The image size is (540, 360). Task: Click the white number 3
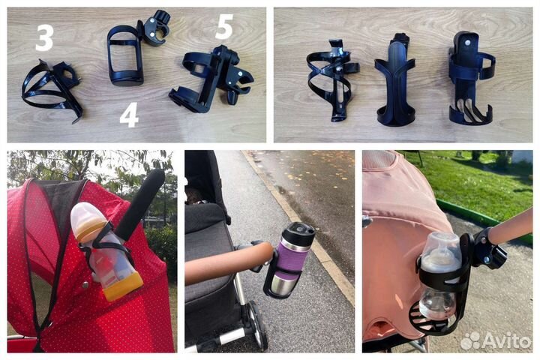(44, 38)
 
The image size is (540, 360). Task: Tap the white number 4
(129, 115)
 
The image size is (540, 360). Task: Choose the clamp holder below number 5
(211, 81)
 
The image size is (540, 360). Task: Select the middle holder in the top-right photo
(395, 80)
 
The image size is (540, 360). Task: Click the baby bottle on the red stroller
(105, 250)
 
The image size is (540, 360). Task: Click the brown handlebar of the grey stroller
(227, 262)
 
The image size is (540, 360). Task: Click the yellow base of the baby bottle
(123, 286)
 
